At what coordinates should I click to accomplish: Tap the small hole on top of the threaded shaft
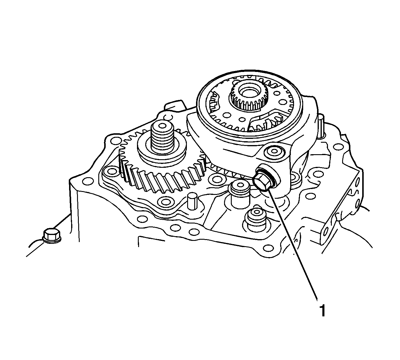pos(163,126)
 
